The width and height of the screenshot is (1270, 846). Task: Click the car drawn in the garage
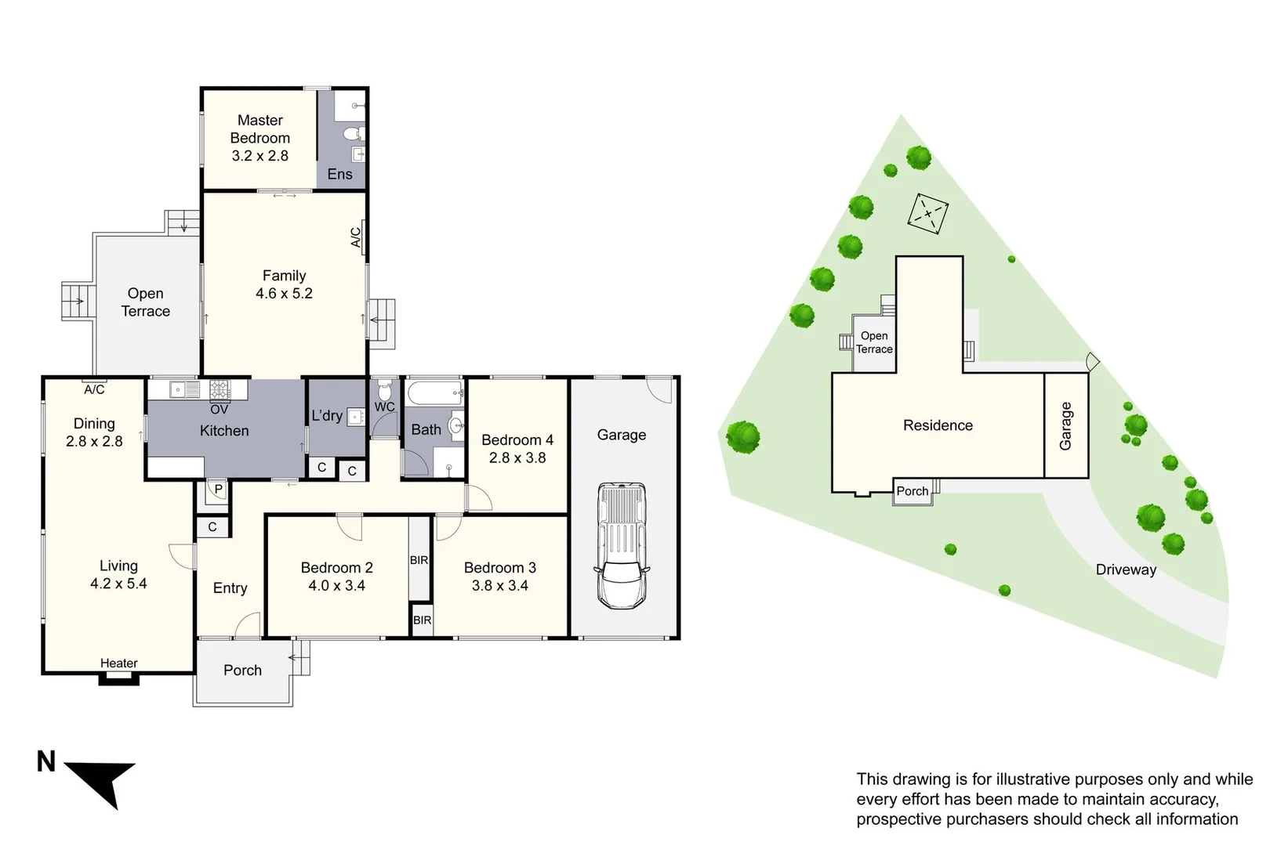[622, 546]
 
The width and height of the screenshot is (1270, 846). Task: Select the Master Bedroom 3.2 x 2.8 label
[259, 138]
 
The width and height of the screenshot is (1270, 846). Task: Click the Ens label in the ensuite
[339, 174]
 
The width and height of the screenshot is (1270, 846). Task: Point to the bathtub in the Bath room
[434, 392]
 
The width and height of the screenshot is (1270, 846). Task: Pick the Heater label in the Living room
[118, 663]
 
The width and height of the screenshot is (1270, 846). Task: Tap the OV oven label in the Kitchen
[220, 409]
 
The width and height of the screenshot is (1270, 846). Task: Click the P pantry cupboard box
[218, 490]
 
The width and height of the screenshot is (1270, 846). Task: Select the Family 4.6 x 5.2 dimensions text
[284, 294]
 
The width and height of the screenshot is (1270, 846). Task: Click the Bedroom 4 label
[517, 440]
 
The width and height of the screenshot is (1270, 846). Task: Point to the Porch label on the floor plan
[242, 671]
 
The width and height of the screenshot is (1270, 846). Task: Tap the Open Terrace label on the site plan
[873, 342]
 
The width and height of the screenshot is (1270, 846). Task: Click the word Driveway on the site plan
[1126, 569]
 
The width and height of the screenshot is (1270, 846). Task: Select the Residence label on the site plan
[938, 425]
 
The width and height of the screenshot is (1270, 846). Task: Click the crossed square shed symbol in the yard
[928, 212]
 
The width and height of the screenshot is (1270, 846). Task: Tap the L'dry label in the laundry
[327, 416]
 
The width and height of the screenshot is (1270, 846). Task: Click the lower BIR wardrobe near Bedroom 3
[422, 620]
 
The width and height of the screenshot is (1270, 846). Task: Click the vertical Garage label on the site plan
[1065, 425]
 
